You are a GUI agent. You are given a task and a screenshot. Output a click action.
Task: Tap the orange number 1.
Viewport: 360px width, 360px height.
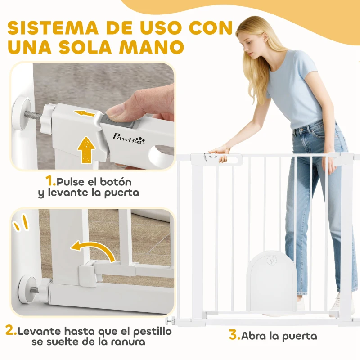(x=50, y=182)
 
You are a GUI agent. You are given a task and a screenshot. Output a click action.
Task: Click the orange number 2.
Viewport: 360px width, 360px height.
(x=11, y=331)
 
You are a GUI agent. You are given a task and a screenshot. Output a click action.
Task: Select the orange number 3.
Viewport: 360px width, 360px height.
(x=234, y=335)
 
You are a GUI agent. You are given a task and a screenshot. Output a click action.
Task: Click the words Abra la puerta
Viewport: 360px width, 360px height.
(x=279, y=336)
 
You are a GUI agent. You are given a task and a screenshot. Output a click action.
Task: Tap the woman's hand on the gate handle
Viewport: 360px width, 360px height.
(x=219, y=152)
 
